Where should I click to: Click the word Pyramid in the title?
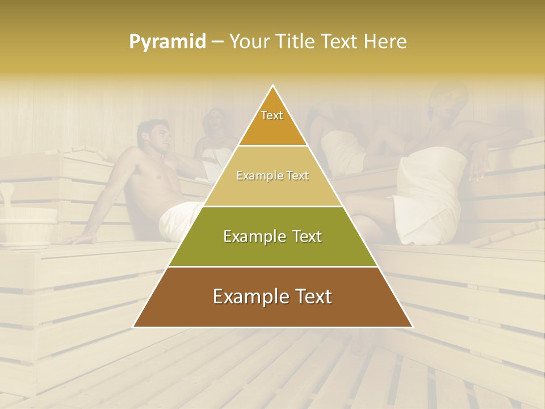tap(167, 42)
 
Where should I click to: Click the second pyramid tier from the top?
tap(272, 176)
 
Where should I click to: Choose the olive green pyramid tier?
tap(272, 236)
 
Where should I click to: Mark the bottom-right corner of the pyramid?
tap(412, 326)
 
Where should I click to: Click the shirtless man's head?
tap(154, 137)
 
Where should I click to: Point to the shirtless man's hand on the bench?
tap(79, 239)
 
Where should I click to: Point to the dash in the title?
tap(217, 42)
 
